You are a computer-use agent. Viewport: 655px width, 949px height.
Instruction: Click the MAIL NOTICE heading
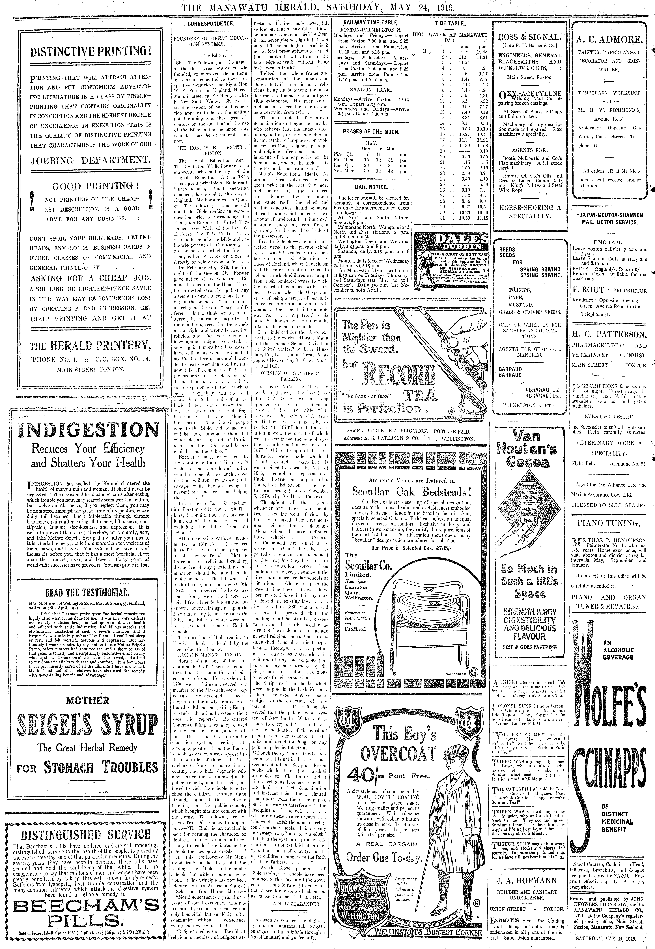click(x=371, y=187)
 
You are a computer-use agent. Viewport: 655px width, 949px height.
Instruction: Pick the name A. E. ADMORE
click(x=608, y=40)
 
